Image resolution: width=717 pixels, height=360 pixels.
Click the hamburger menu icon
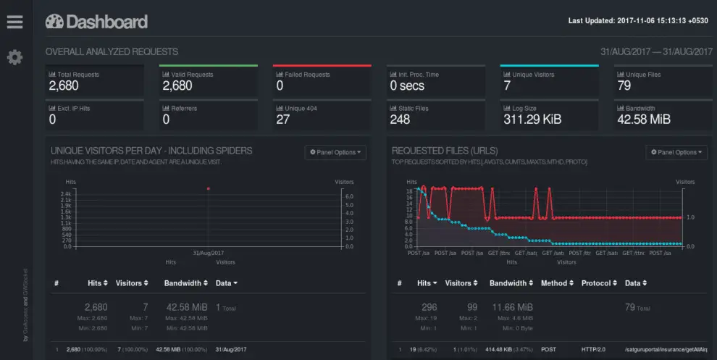14,22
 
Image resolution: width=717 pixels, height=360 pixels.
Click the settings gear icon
14,57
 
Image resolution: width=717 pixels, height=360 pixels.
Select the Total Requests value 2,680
64,85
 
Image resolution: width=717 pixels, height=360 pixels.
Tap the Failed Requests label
302,75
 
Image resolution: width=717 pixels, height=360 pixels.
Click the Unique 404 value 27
283,120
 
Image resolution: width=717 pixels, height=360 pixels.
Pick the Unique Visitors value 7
508,85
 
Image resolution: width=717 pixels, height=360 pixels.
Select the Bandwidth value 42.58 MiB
643,120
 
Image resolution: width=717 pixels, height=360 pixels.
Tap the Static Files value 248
400,120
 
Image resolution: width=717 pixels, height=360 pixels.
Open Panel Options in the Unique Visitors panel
336,152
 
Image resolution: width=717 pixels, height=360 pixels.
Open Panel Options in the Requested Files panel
676,152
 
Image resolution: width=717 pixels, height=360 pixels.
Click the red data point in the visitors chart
208,188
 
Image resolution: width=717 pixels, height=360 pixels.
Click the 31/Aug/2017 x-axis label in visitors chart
208,253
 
